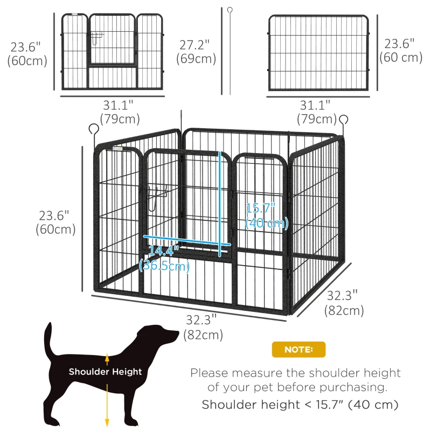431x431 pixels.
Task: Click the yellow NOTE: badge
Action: click(x=298, y=350)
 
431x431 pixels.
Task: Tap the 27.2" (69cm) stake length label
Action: click(x=196, y=51)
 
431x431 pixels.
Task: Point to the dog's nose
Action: click(x=177, y=335)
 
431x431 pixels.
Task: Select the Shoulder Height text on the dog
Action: click(x=105, y=372)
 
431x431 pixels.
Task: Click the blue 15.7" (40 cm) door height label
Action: click(x=267, y=215)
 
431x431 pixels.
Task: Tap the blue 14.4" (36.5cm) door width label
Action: click(x=164, y=258)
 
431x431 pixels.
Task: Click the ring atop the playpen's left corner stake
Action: click(x=94, y=129)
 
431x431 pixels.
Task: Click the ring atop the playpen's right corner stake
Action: click(x=343, y=119)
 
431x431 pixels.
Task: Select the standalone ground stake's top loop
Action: click(x=229, y=10)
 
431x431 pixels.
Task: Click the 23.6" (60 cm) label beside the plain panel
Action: click(x=401, y=51)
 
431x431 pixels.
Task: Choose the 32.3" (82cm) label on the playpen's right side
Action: click(x=343, y=303)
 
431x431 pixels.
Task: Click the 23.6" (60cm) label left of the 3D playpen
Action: click(x=54, y=222)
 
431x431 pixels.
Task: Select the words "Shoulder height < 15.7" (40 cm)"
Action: click(x=300, y=405)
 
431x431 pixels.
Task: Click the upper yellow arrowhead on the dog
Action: click(x=107, y=357)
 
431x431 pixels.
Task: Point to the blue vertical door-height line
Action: click(x=220, y=205)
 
